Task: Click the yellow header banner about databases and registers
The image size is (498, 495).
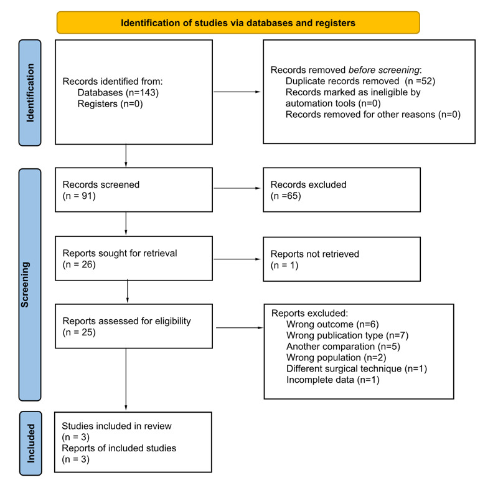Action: point(238,23)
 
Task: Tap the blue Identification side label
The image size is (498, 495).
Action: point(30,92)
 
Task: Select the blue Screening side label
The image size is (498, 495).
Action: point(30,285)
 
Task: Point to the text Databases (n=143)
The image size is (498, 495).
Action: point(118,93)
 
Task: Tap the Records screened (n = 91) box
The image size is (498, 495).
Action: point(133,190)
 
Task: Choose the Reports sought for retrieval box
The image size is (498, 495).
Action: point(133,259)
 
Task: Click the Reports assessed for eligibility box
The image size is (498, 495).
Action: point(133,327)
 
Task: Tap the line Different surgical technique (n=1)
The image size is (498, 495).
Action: point(356,368)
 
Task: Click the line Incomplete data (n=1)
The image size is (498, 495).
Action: point(332,380)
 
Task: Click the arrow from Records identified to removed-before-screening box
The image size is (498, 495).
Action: point(237,92)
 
